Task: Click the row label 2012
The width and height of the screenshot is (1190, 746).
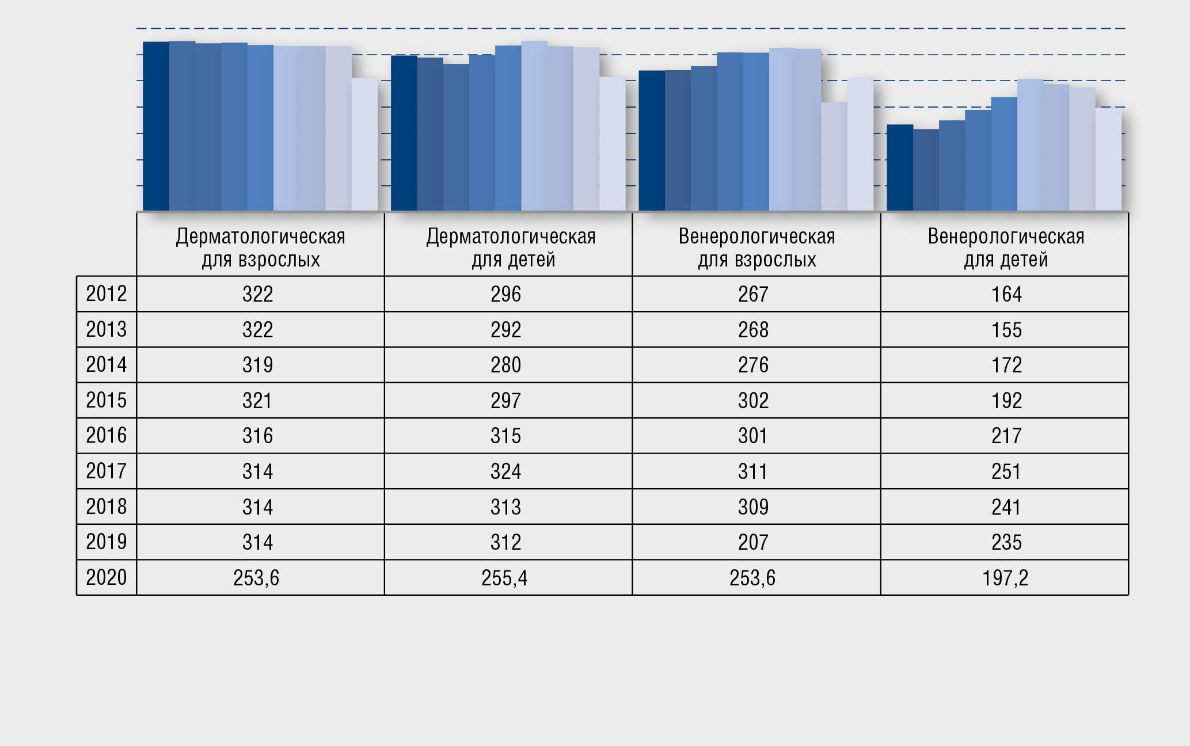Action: click(107, 294)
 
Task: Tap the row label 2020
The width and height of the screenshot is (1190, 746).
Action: click(107, 577)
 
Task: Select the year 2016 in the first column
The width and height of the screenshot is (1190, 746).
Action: click(107, 435)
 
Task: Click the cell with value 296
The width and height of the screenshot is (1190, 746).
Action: click(505, 294)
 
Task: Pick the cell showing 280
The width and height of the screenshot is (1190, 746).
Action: click(505, 365)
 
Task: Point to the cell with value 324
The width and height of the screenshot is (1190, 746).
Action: click(505, 471)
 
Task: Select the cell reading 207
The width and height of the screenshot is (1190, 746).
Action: click(753, 542)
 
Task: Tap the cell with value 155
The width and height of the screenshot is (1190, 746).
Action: click(1006, 330)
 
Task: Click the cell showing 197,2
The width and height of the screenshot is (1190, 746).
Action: click(1005, 578)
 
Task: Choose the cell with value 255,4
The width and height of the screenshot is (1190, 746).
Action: click(504, 578)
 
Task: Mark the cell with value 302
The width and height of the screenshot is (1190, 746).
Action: click(753, 401)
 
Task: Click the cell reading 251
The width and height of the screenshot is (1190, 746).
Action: click(1006, 471)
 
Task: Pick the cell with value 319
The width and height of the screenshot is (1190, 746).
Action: click(257, 365)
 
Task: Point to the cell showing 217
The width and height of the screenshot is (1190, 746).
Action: click(1006, 436)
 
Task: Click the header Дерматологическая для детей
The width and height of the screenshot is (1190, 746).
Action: click(511, 248)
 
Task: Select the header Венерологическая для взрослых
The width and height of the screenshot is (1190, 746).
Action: click(756, 248)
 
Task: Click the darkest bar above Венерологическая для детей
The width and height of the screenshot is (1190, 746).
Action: click(900, 168)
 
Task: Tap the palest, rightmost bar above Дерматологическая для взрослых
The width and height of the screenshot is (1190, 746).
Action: click(364, 144)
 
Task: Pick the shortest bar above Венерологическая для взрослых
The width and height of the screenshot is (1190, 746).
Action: click(834, 156)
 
